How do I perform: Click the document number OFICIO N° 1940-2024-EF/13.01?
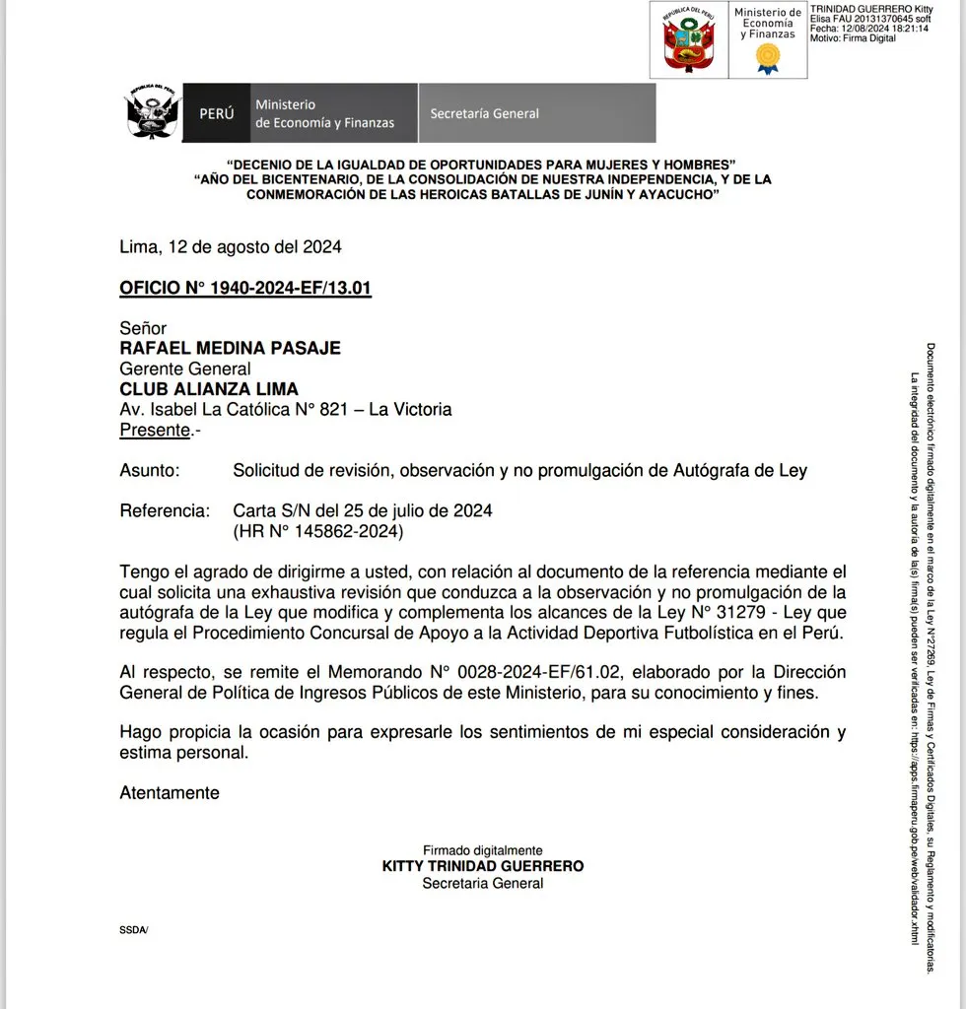click(244, 288)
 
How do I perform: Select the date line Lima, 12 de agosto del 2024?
click(230, 247)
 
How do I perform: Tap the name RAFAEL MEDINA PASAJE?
click(230, 348)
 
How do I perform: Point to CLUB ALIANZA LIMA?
click(208, 389)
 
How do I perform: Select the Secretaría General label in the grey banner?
click(484, 113)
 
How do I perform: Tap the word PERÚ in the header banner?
click(217, 113)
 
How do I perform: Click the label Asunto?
click(149, 471)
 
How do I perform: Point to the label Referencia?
click(164, 511)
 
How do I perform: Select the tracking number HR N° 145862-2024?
click(317, 532)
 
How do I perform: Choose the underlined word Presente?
click(154, 430)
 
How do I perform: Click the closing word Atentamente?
click(170, 792)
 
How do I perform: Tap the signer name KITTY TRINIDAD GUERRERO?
click(482, 866)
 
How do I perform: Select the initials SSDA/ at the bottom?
click(133, 930)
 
